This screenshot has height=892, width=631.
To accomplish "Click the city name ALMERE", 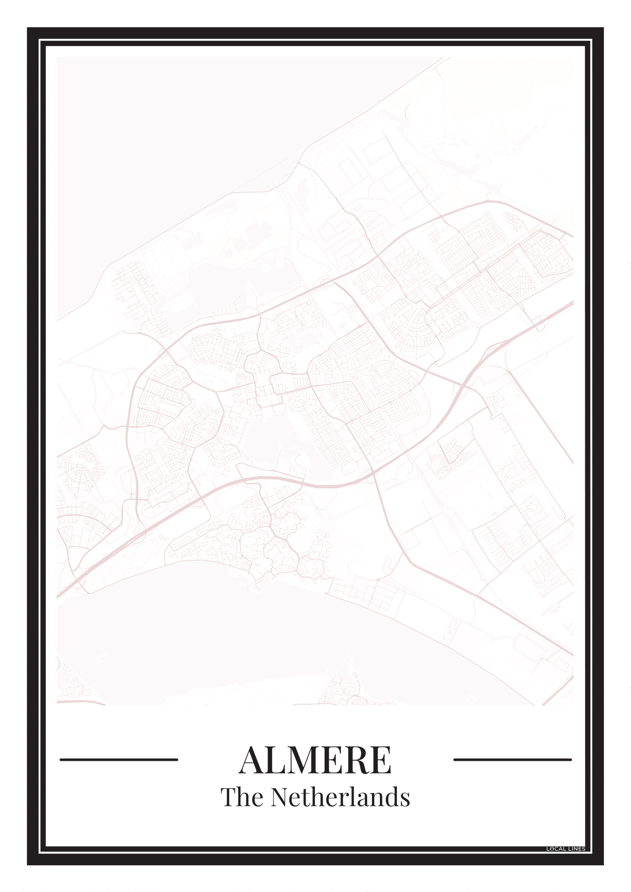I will click(x=315, y=760).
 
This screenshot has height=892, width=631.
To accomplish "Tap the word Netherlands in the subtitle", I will click(x=340, y=797).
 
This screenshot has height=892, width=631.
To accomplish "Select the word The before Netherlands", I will click(x=242, y=797).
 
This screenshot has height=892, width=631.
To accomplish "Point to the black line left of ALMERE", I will click(x=119, y=760).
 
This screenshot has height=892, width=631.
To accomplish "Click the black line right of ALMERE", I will click(x=512, y=760).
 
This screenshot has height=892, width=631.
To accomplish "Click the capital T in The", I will click(x=228, y=797).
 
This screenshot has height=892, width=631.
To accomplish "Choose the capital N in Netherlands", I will click(x=279, y=797).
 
